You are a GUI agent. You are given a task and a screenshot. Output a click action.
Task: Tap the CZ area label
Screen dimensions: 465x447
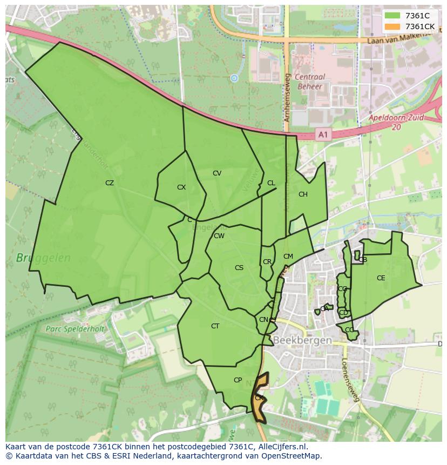pos(110,183)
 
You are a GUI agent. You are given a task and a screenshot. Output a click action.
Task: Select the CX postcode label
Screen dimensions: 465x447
pos(181,187)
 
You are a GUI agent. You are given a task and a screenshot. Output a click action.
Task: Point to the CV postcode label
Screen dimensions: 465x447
pos(217,173)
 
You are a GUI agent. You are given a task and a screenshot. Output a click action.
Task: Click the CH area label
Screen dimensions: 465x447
pos(303,194)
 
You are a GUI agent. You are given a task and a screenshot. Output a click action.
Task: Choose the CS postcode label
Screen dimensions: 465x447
pos(239,268)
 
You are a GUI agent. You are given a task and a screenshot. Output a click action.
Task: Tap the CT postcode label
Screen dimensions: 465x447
pos(215,326)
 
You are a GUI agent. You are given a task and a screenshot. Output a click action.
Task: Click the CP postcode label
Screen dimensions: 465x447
pos(238,380)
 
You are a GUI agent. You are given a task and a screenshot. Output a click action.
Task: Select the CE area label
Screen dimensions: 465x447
pos(381,278)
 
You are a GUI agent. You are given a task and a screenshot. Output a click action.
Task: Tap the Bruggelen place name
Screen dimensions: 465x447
pos(43,258)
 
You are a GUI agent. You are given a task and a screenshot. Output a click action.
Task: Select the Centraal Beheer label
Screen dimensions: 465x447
pos(310,82)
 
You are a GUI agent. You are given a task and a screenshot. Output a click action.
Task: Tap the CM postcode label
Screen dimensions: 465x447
pos(288,257)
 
